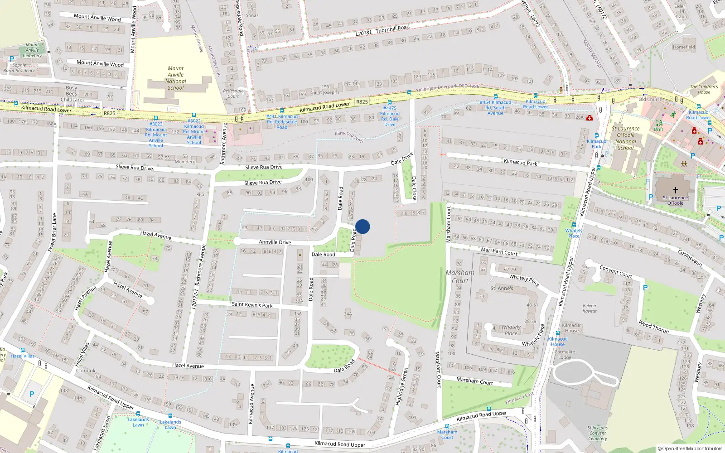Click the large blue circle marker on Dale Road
(362, 226)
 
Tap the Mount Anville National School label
(176, 78)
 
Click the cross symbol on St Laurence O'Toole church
(675, 190)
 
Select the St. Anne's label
(502, 288)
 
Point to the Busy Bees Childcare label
(72, 94)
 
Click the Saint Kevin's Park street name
(252, 305)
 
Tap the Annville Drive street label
(275, 242)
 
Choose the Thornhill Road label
(392, 29)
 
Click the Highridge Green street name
(401, 386)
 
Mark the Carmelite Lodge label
(565, 354)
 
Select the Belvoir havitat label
(590, 308)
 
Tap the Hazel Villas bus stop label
(23, 356)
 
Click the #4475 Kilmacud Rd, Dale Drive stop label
(390, 116)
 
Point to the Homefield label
(684, 47)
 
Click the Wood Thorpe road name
(653, 327)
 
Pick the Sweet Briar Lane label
(53, 232)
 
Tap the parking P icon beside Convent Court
(645, 288)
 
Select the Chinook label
(86, 371)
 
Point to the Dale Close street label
(414, 188)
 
